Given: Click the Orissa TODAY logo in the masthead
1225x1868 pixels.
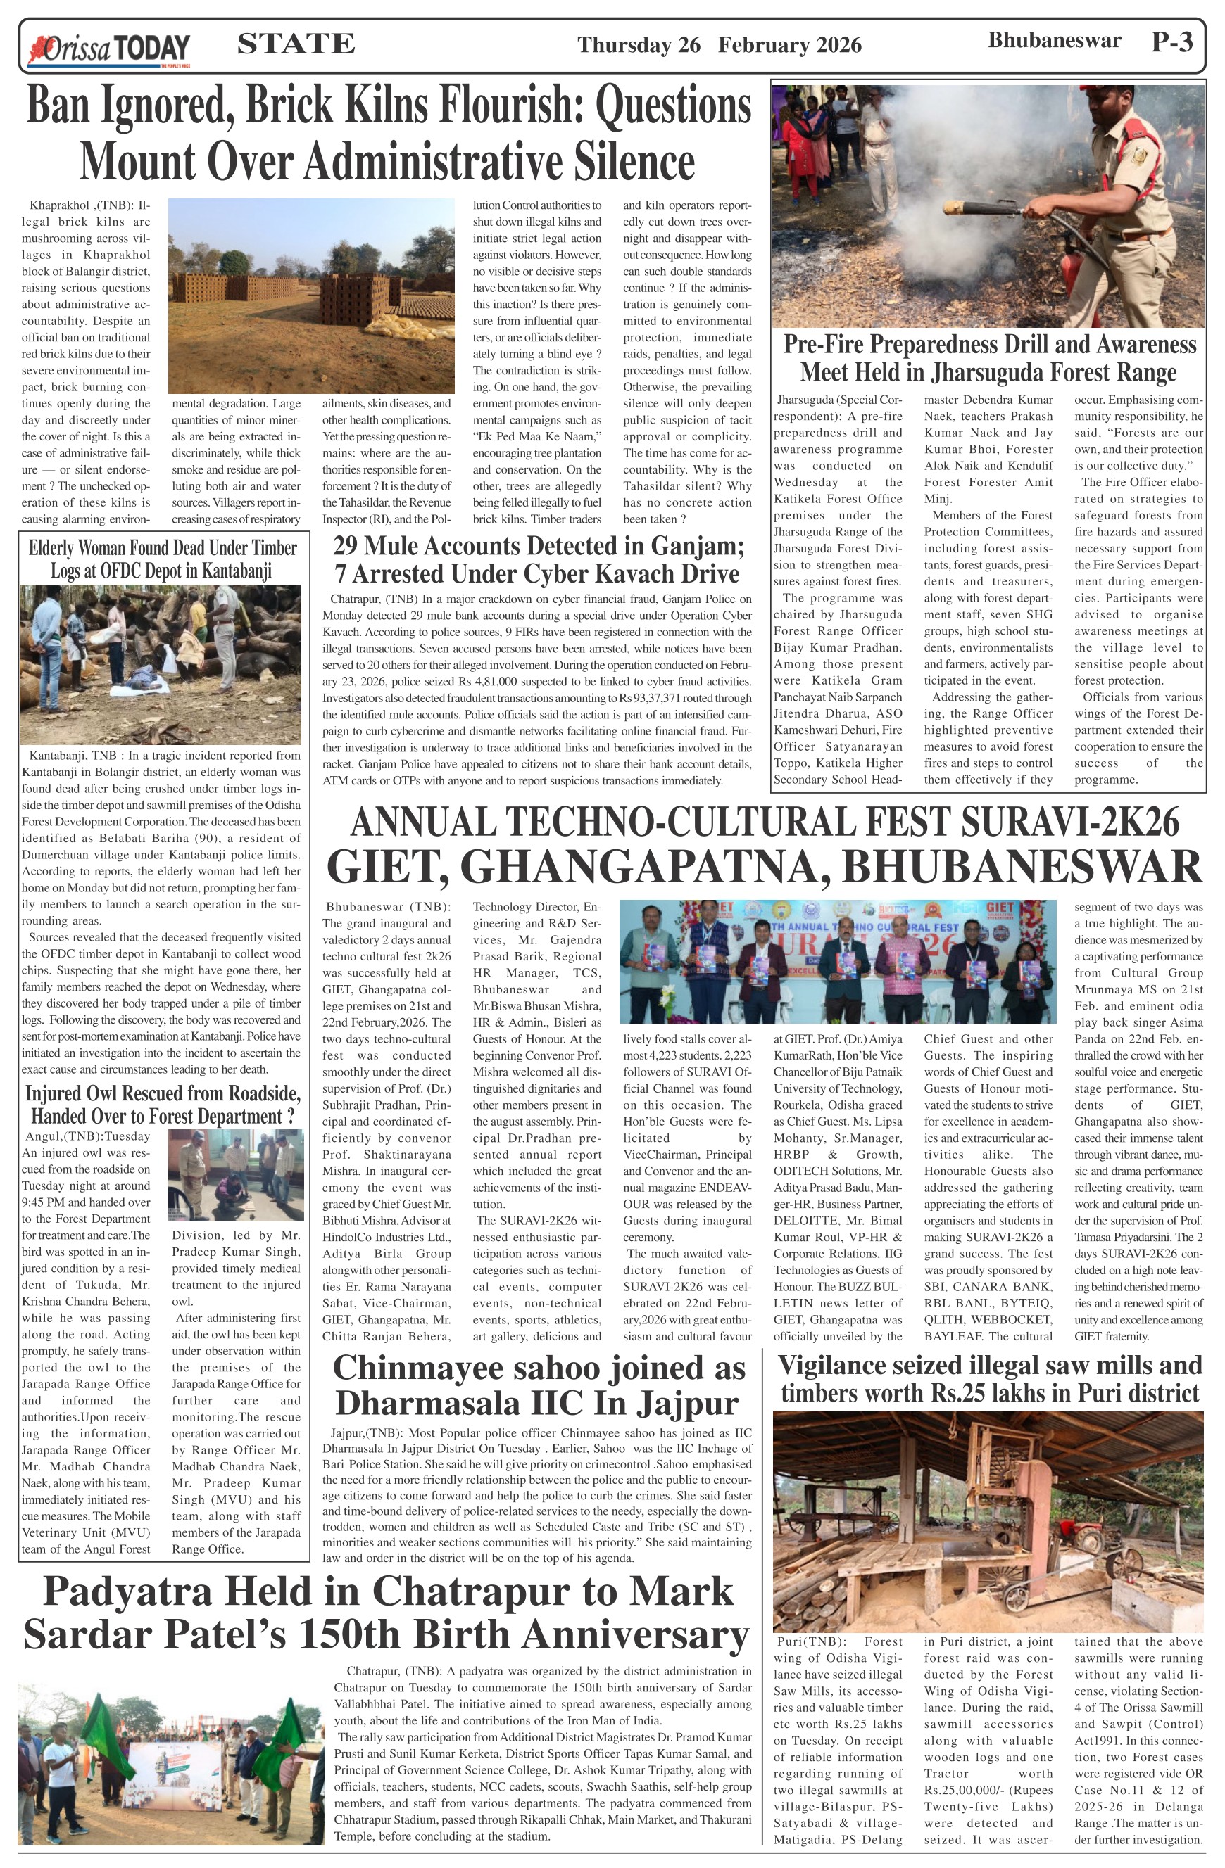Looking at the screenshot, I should [109, 48].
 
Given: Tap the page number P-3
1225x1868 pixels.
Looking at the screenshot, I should [1171, 42].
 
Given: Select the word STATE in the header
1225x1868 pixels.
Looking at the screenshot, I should [295, 44].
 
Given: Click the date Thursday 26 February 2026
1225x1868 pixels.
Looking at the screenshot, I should [720, 46].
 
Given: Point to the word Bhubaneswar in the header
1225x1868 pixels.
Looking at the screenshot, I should [1054, 41].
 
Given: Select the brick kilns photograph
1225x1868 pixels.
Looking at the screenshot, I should [311, 295].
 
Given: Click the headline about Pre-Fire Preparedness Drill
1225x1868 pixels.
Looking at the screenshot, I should [988, 357].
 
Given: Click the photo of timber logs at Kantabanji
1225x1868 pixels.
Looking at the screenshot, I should [161, 663].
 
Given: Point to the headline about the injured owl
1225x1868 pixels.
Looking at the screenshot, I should [163, 1105].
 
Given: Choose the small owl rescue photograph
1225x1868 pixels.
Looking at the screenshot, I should [236, 1175].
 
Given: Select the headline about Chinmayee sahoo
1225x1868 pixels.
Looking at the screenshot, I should [539, 1385].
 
